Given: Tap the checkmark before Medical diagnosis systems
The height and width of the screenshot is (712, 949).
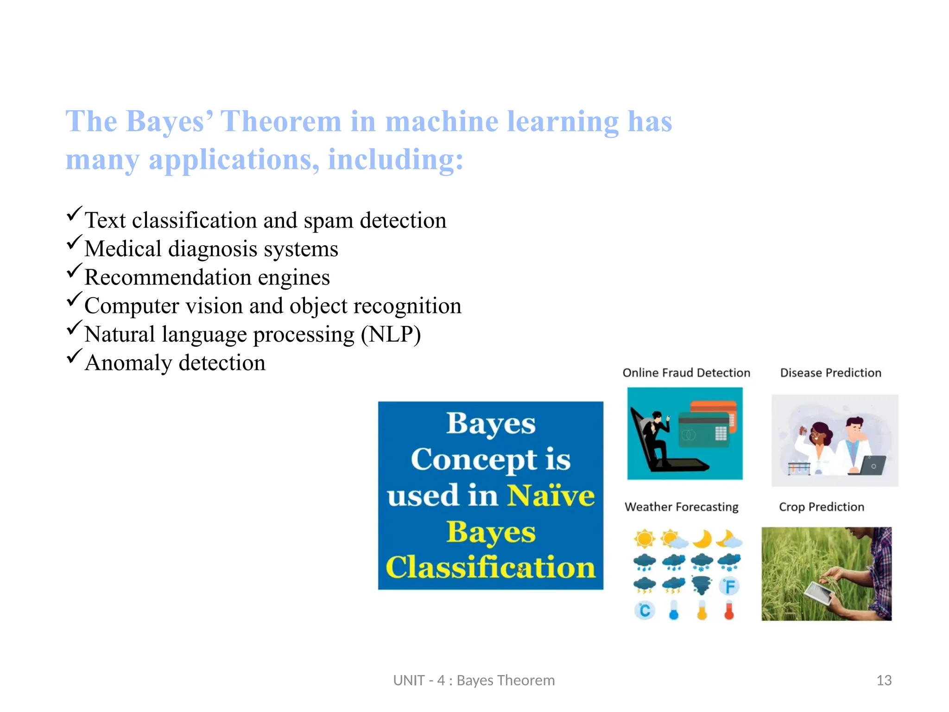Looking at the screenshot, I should pos(74,242).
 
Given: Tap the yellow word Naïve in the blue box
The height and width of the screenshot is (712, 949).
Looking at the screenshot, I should pos(550,495).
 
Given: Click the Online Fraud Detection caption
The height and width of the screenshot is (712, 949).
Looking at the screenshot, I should pos(686,373).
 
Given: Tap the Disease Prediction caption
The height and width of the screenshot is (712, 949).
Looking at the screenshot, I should pos(830,373).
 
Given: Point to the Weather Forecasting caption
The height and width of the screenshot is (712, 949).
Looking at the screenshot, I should pos(681,507).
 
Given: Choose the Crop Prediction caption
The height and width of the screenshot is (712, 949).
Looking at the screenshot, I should pos(821,507).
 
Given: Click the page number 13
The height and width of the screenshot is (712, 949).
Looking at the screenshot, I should pos(884,680).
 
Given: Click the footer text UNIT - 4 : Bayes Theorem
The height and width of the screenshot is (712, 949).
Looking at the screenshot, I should pos(474,680).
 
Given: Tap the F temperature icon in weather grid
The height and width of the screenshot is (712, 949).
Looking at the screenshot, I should pos(729,586).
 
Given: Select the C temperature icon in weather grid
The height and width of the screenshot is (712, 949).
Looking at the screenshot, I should pos(645,610).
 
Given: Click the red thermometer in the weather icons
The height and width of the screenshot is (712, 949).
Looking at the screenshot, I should pos(729,610).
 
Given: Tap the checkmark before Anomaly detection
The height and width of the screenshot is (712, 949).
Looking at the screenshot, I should pos(74,356).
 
